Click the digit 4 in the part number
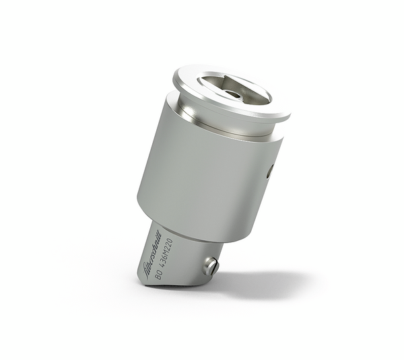[x=165, y=268]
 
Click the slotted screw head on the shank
[x=211, y=266]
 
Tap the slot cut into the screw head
[x=211, y=266]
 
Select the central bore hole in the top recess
[x=233, y=94]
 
